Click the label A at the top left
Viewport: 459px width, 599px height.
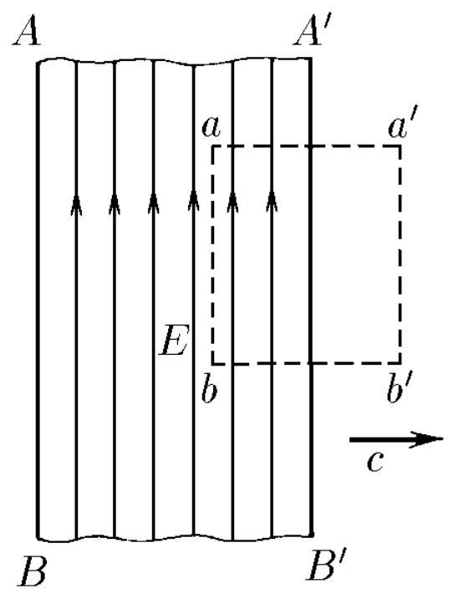(x=27, y=33)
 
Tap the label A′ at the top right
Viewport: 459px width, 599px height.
(x=309, y=32)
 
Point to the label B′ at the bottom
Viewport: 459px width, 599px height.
(x=327, y=565)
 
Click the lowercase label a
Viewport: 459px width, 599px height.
(x=212, y=127)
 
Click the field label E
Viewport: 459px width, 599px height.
(x=174, y=340)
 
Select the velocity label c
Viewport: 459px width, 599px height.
(x=375, y=462)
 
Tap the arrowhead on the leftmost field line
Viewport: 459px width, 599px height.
(x=77, y=203)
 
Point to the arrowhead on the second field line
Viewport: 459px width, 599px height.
(x=115, y=203)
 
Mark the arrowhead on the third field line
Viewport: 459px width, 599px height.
(x=154, y=203)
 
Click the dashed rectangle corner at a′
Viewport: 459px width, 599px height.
(x=400, y=146)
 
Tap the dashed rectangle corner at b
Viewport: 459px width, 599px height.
(x=213, y=363)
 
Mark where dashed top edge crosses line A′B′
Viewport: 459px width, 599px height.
(x=311, y=146)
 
